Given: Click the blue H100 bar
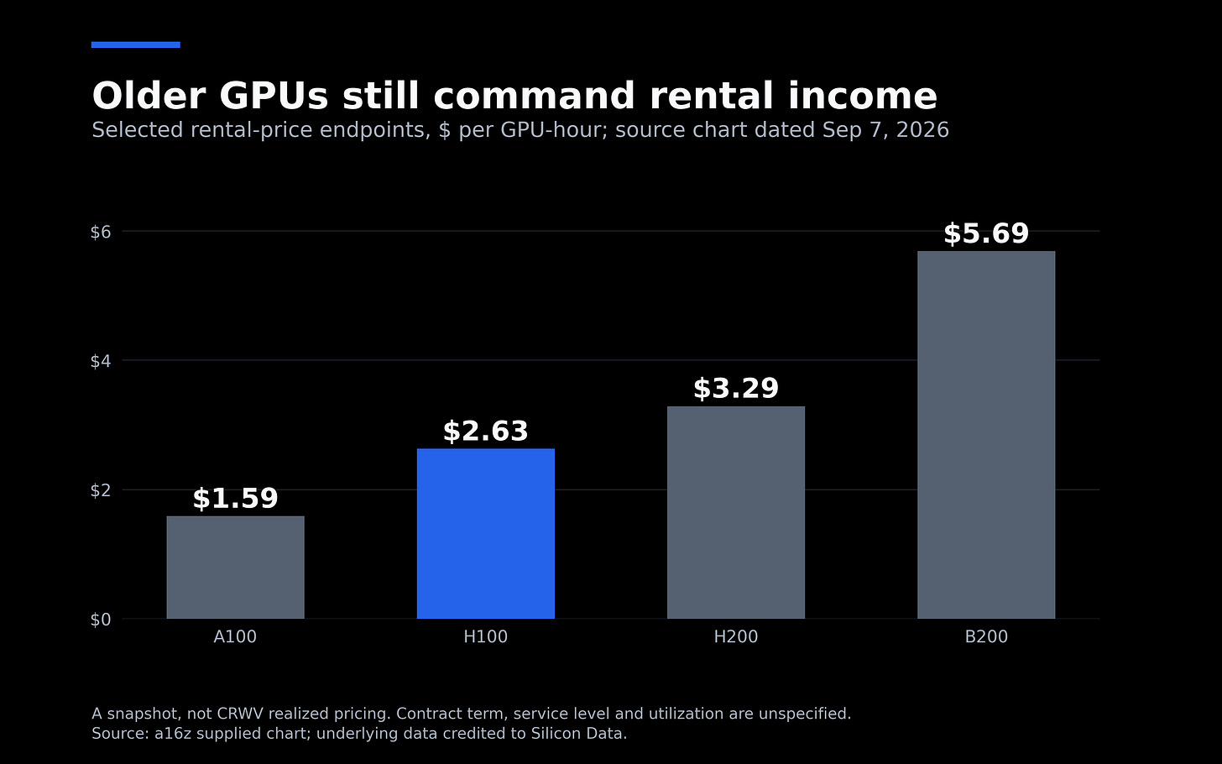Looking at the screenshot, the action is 485,534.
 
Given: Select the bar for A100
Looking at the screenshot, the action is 235,568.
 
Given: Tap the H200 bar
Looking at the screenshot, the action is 736,512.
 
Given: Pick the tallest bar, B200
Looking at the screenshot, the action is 986,435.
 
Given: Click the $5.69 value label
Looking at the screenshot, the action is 986,233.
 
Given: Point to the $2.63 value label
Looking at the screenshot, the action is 485,432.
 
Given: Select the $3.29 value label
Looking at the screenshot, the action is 736,389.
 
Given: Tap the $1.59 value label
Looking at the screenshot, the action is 235,499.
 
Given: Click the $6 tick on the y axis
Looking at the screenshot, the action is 101,232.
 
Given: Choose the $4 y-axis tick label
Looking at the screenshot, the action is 101,361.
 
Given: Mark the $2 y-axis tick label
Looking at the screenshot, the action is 101,490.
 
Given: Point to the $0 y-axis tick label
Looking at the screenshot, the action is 101,620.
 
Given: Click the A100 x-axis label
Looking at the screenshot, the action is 235,637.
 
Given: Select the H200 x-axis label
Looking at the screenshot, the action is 736,637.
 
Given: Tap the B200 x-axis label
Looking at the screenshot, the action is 986,637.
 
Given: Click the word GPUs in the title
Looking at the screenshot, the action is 274,96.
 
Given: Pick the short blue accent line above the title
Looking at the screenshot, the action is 136,44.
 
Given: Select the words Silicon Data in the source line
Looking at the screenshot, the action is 578,733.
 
